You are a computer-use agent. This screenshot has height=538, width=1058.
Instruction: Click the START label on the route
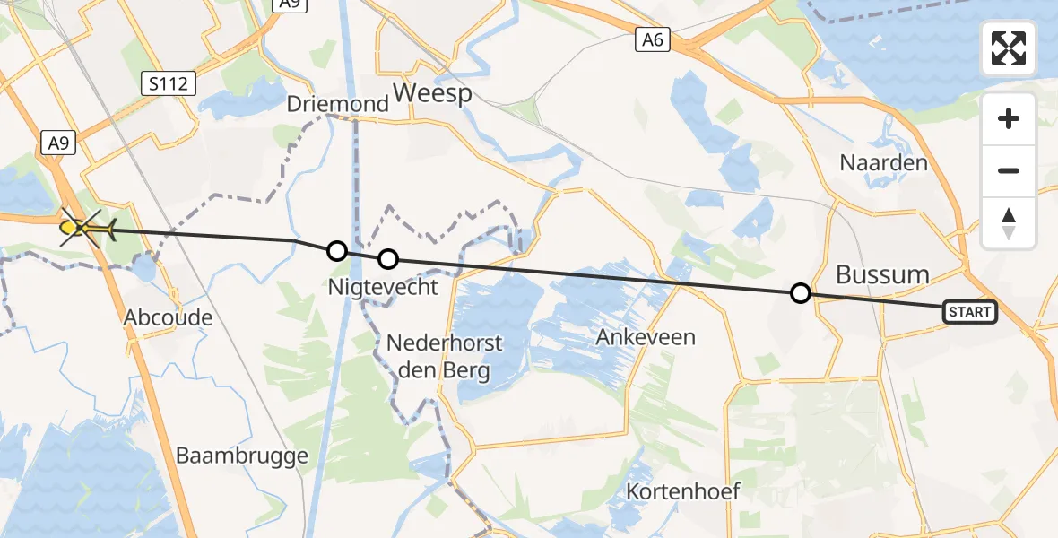(x=969, y=312)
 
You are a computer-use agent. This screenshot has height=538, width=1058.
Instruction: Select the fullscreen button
(x=1009, y=48)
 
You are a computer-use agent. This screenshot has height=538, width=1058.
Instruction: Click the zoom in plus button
(x=1009, y=119)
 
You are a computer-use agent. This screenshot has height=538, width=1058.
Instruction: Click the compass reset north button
(x=1009, y=223)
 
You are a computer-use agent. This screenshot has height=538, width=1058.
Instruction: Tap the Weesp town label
(x=432, y=93)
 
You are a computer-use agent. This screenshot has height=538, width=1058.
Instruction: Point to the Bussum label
(x=882, y=274)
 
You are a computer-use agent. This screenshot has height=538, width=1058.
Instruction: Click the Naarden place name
(x=883, y=163)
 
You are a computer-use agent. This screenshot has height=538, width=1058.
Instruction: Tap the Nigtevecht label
(x=384, y=288)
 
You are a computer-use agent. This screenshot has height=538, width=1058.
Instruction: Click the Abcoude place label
(x=169, y=317)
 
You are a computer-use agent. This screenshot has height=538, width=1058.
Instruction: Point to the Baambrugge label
(x=242, y=456)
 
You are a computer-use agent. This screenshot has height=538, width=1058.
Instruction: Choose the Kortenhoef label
(x=683, y=491)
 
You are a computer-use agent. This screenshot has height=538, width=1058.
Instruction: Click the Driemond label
(x=338, y=104)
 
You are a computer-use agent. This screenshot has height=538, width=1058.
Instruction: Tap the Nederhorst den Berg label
(x=445, y=356)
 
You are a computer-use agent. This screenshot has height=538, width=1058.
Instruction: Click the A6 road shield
(x=654, y=39)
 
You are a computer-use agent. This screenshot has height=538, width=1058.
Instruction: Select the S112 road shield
(x=169, y=84)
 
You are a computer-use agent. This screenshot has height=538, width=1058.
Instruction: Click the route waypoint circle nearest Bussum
(x=801, y=293)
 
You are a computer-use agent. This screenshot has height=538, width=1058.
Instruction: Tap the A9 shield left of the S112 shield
(x=56, y=143)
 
